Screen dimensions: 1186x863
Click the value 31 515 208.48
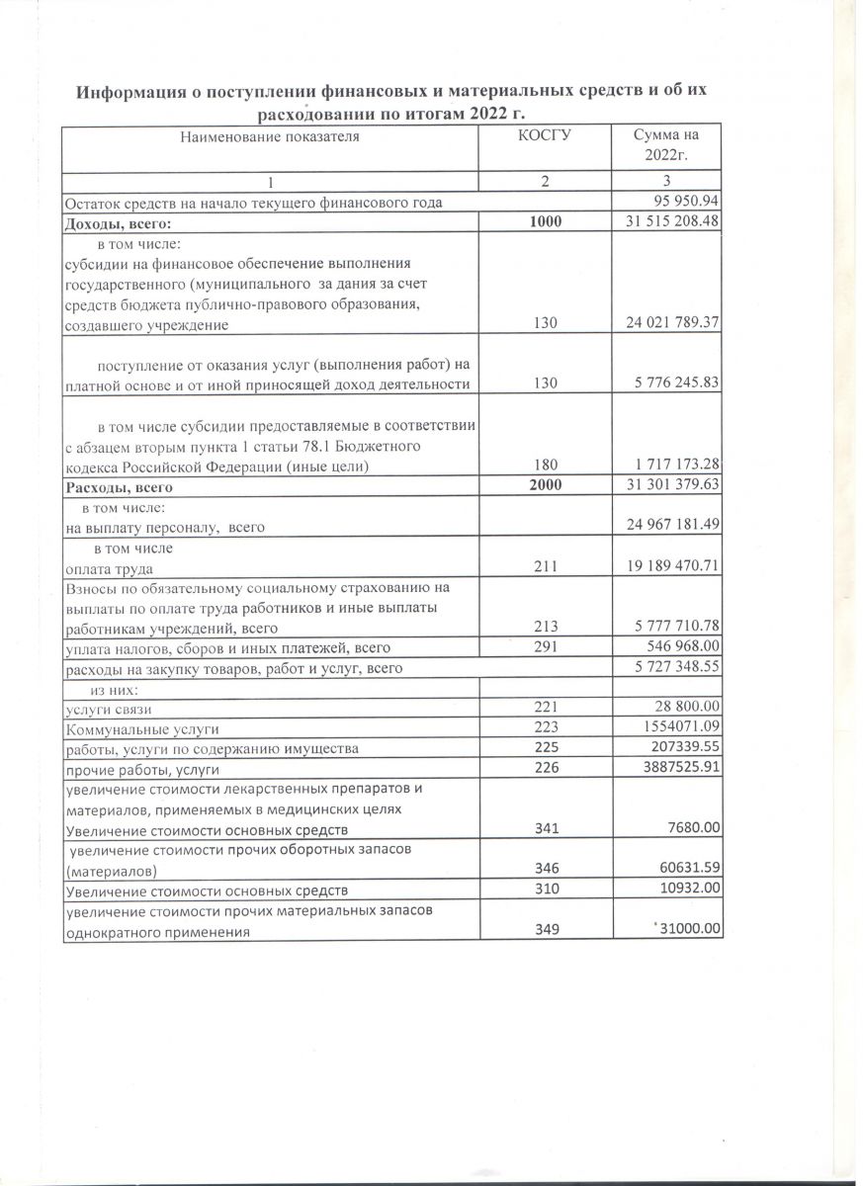point(671,222)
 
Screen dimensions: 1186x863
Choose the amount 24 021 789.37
point(671,324)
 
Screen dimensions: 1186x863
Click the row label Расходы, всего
point(119,487)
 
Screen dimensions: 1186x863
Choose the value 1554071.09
point(679,728)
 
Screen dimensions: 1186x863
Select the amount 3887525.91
point(679,768)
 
